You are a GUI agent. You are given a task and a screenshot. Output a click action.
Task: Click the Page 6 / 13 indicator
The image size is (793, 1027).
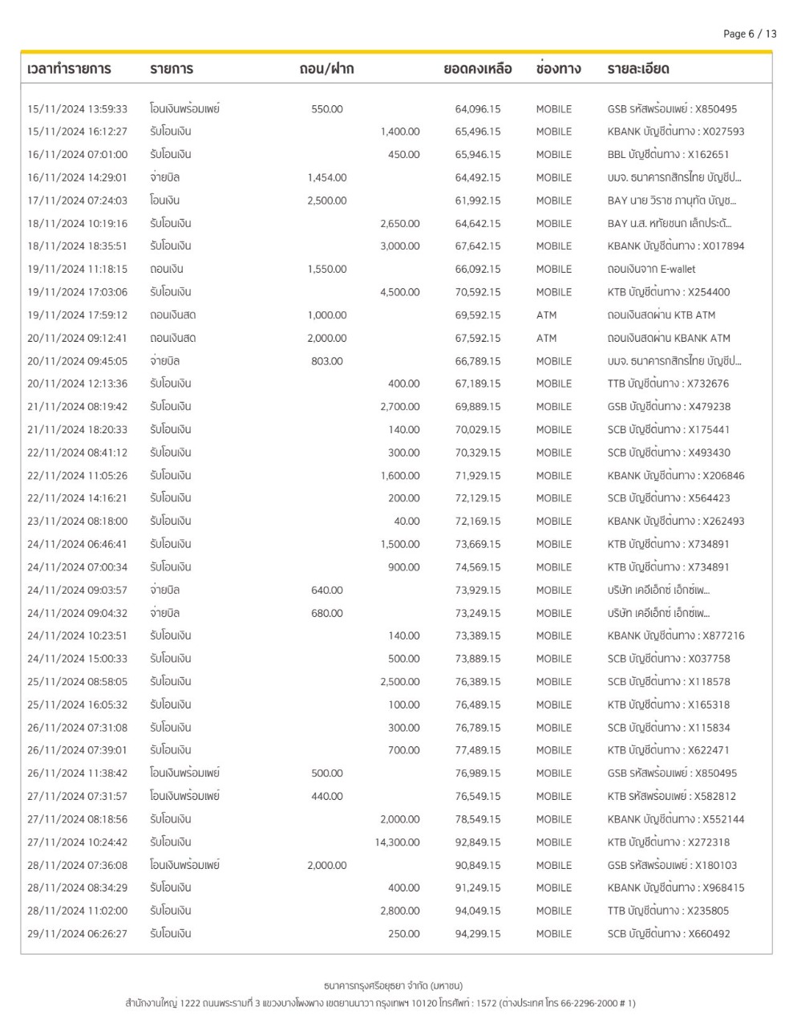point(749,34)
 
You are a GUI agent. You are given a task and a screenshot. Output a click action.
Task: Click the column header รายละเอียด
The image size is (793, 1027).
point(637,69)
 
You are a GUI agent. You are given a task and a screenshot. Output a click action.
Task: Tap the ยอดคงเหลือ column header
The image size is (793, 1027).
point(477,69)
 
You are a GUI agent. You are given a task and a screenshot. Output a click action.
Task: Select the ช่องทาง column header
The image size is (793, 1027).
point(558,69)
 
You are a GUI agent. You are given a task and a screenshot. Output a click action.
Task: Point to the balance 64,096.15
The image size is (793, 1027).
point(477,109)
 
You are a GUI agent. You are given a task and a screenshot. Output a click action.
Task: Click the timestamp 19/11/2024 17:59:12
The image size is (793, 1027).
point(77,315)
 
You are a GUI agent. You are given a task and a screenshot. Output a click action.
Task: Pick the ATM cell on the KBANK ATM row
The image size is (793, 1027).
point(546,339)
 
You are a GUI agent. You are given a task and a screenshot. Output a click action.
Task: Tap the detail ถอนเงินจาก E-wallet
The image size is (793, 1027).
point(651,270)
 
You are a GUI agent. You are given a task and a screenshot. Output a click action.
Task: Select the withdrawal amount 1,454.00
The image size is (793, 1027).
point(326,177)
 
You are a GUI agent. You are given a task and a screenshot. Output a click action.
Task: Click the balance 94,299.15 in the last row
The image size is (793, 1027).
point(477,934)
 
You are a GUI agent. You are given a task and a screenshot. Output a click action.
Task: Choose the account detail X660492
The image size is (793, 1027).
point(668,934)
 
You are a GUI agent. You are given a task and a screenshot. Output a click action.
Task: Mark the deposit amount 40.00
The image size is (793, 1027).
point(407,522)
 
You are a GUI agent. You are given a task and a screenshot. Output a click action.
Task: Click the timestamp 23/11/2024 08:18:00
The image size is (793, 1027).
point(77,522)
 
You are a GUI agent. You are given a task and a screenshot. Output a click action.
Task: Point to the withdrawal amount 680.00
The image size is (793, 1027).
point(326,614)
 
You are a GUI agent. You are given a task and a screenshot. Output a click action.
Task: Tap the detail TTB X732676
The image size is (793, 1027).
point(668,384)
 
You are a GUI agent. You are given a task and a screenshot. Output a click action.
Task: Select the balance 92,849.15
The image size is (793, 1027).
point(477,842)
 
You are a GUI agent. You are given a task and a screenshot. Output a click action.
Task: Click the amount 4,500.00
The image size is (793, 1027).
point(399,293)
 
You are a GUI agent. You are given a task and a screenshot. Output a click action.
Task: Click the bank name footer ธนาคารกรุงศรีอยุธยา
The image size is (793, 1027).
point(393,985)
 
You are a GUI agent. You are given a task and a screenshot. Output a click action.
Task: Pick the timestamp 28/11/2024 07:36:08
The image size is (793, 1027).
point(77,866)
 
